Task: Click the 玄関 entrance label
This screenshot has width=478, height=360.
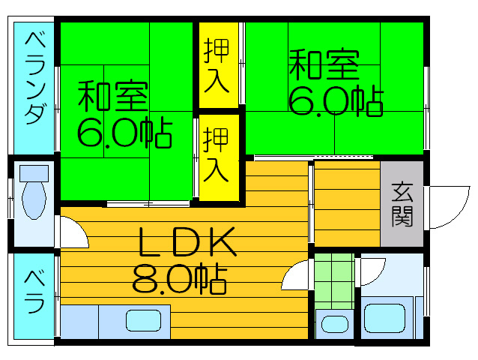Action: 402,205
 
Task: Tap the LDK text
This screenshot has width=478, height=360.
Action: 187,241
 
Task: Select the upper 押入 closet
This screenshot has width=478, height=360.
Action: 219,65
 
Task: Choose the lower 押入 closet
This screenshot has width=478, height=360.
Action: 219,157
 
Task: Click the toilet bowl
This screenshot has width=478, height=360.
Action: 34,199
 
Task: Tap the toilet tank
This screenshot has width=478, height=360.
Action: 34,173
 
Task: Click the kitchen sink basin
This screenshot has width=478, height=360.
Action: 144,321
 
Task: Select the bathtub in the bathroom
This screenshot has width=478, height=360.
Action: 384,318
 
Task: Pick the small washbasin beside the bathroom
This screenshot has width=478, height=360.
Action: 334,324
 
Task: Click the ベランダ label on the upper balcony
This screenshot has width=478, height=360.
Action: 35,79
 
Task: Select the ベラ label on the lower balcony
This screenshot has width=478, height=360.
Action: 34,292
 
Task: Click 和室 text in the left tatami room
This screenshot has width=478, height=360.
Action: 113,96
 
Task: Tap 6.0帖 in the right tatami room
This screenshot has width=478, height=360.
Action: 336,101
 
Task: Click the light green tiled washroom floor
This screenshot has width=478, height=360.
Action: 334,281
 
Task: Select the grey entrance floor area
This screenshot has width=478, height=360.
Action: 402,203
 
